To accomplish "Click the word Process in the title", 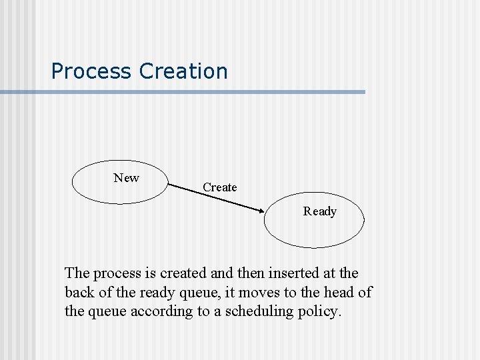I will coord(92,71).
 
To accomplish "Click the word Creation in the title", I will coord(183,71).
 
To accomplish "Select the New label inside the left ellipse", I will coord(126,178).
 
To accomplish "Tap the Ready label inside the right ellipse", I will coord(319,211).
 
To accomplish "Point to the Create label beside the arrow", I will coord(219,187).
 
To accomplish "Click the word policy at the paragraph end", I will coord(319,311).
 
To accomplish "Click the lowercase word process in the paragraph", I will coord(117,273).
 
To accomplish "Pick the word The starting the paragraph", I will coord(77,273).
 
